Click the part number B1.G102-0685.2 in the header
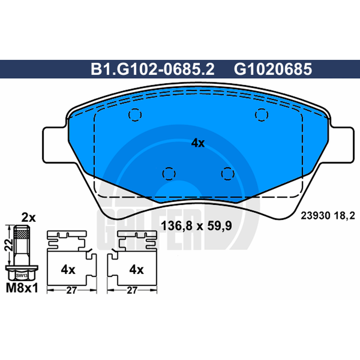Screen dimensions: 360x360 point(153,69)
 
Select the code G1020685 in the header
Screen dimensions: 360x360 point(273,69)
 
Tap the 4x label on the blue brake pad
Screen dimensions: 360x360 point(198,143)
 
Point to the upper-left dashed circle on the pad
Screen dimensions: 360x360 point(135,115)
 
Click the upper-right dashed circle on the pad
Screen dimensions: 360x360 point(261,115)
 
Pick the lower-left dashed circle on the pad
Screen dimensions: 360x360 point(169,174)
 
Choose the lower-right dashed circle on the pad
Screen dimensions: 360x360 point(228,174)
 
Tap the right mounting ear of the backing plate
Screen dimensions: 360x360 point(342,144)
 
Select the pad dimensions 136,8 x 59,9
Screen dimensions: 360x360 point(196,226)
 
